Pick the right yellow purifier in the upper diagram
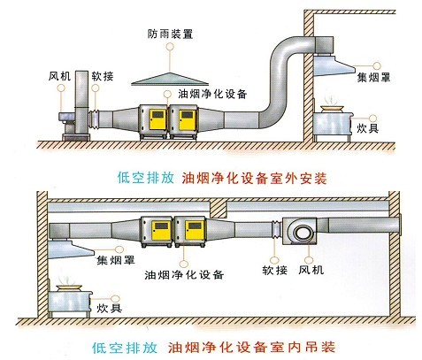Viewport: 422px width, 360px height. click(188, 122)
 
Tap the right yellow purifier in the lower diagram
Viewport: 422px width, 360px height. click(189, 232)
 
